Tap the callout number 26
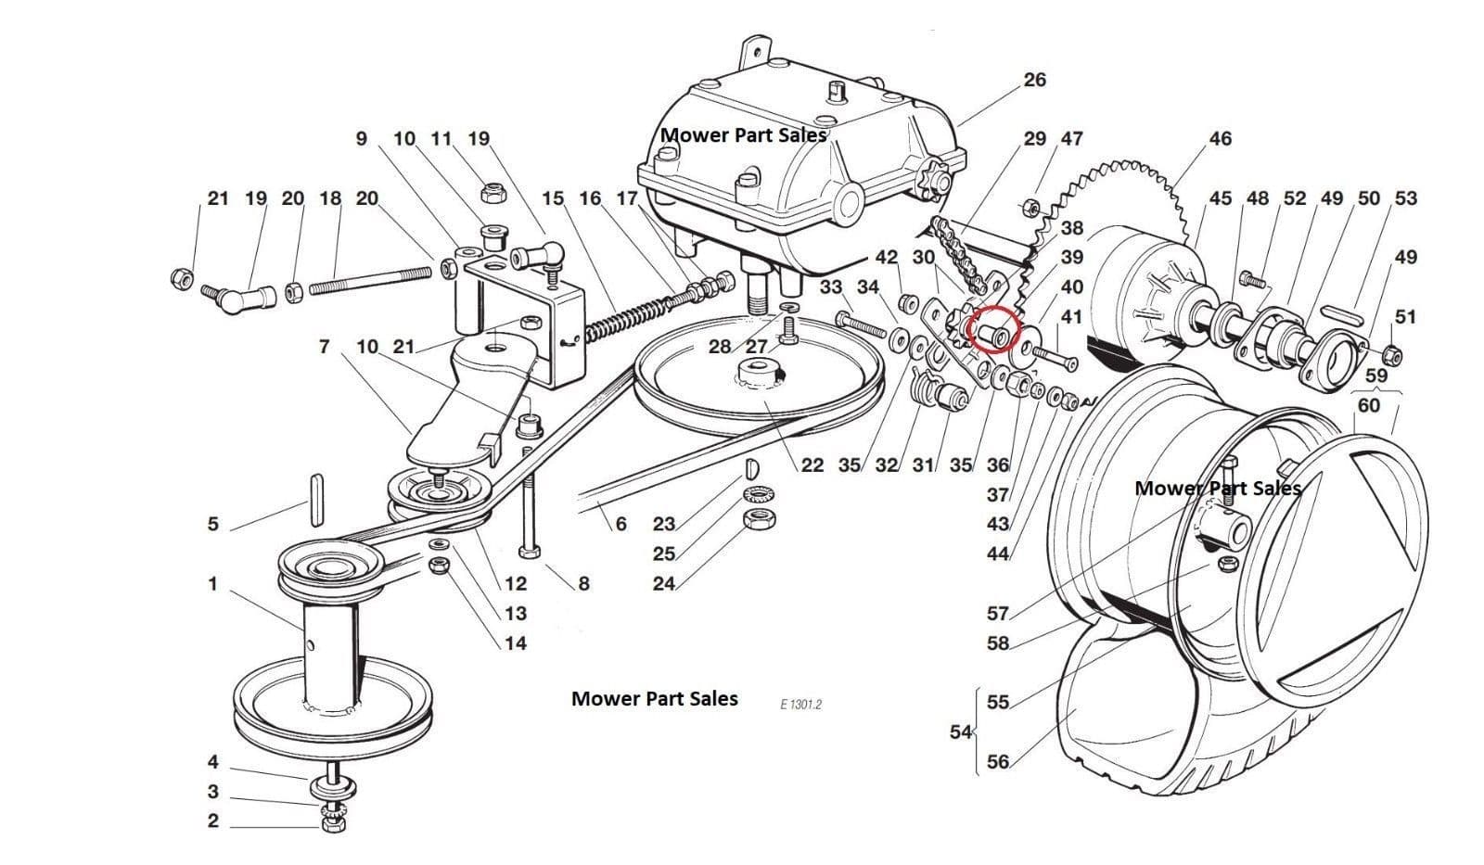[1034, 80]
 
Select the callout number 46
[1220, 139]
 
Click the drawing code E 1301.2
[800, 705]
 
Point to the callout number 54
[960, 731]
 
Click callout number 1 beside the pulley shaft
[212, 584]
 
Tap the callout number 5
[212, 525]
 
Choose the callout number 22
[812, 464]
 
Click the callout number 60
[1368, 405]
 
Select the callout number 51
[1405, 317]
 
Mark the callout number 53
[1405, 198]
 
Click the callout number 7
[324, 347]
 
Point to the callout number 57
[997, 613]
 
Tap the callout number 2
[212, 821]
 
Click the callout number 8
[583, 584]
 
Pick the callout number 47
[1071, 139]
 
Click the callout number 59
[1375, 375]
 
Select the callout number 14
[515, 643]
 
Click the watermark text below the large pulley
[654, 699]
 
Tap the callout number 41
[1071, 317]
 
